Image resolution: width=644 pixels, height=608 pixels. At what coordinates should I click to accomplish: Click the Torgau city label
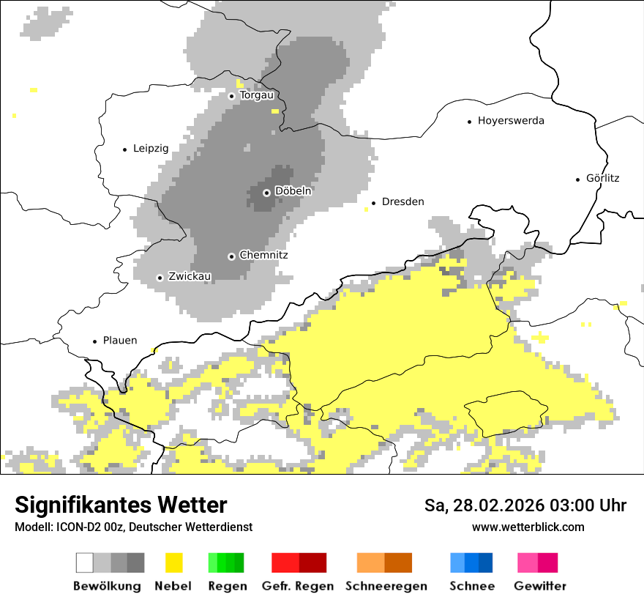[x=256, y=95]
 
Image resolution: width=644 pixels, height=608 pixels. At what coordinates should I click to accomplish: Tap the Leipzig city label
[x=151, y=149]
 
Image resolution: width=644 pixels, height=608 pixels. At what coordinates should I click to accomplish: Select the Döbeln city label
[x=293, y=191]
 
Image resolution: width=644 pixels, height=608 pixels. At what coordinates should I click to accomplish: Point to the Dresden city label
[x=402, y=202]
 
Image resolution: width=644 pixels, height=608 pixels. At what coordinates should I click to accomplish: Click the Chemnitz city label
[x=263, y=256]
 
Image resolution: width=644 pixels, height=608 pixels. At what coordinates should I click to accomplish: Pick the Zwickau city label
[x=190, y=277]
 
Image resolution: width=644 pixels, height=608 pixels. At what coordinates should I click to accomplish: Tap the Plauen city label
[x=120, y=341]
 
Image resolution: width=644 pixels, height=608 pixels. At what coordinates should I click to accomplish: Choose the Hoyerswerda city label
[x=511, y=121]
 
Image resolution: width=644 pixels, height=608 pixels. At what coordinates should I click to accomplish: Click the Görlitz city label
[x=602, y=178]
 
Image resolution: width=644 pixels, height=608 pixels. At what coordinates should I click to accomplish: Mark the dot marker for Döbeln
[x=267, y=193]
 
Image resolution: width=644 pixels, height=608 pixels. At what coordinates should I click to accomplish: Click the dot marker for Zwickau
[x=160, y=278]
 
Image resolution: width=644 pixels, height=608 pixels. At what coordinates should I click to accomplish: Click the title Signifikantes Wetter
[x=121, y=505]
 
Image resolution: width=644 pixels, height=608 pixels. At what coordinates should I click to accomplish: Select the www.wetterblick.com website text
[x=528, y=527]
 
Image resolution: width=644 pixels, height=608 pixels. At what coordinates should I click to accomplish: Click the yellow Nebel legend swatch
[x=174, y=563]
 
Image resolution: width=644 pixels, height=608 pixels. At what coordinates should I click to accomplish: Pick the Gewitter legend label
[x=540, y=586]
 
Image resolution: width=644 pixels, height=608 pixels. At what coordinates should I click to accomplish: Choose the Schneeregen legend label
[x=386, y=586]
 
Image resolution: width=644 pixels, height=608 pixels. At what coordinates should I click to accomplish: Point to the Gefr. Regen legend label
[x=298, y=586]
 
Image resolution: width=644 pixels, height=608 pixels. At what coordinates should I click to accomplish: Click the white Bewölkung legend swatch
[x=85, y=563]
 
